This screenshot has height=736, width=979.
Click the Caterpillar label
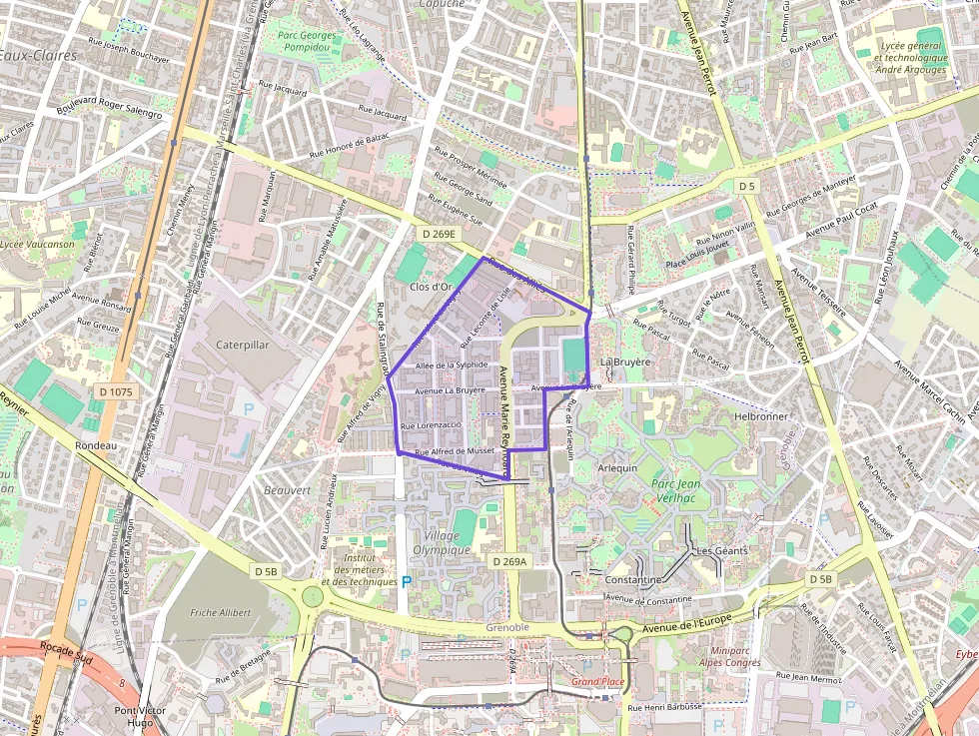243,344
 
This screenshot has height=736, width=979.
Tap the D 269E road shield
438,234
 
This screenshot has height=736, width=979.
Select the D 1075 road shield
116,392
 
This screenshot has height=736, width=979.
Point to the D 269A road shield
508,562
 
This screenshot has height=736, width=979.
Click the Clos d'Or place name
433,287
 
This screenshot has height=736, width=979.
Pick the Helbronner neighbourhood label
761,415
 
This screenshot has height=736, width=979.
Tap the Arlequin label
616,467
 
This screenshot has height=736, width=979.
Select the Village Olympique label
442,542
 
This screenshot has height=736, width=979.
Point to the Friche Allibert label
221,612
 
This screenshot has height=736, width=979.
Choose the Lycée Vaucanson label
37,244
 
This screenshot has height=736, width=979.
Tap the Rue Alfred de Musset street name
455,451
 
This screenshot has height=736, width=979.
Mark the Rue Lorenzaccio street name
431,425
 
